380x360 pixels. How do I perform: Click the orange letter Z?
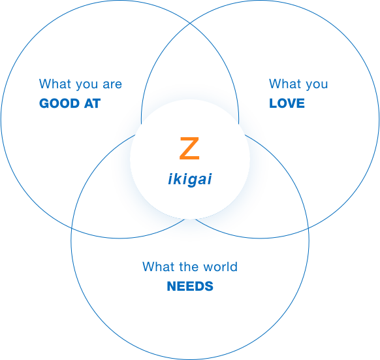[189, 148]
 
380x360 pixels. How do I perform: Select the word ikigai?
[190, 179]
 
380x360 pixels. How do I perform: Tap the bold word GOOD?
[59, 103]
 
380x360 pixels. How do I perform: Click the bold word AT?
[92, 103]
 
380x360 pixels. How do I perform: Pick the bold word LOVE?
[287, 103]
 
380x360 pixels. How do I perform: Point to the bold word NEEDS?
[190, 286]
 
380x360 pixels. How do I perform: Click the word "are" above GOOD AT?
[112, 84]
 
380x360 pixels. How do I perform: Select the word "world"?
[220, 267]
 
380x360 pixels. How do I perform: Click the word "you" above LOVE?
[317, 85]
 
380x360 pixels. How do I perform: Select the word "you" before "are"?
[87, 85]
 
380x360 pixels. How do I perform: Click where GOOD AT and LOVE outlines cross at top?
[190, 24]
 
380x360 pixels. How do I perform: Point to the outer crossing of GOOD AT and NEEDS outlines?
[72, 228]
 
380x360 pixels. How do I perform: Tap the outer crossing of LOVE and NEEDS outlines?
[308, 228]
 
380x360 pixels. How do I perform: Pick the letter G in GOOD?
[44, 103]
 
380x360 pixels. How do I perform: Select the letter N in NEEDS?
[172, 286]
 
